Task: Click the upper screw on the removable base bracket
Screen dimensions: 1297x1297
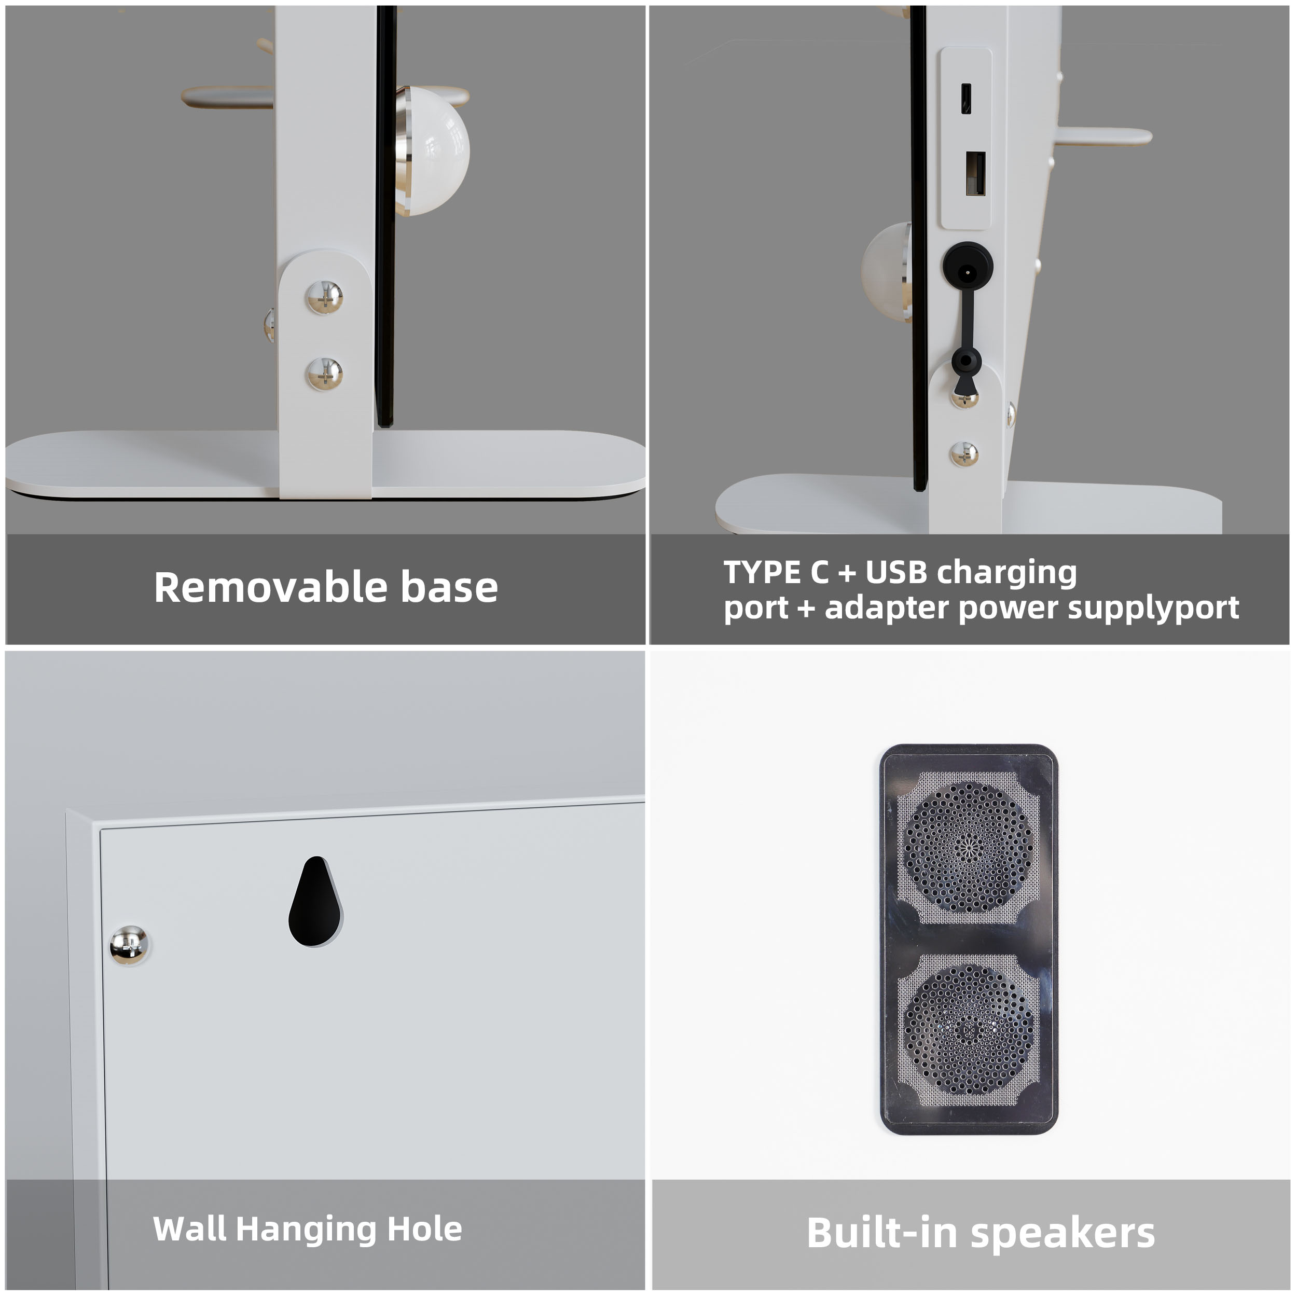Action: coord(325,297)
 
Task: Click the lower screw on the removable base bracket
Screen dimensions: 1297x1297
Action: coord(325,374)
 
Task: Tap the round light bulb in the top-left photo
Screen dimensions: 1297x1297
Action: coord(433,151)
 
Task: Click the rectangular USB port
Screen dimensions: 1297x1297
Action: coord(975,174)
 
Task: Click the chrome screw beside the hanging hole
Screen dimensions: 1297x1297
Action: coord(129,945)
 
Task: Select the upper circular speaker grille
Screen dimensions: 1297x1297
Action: coord(969,847)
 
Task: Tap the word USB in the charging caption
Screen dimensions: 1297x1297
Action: coord(895,573)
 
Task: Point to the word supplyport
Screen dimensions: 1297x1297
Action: coord(1153,608)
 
